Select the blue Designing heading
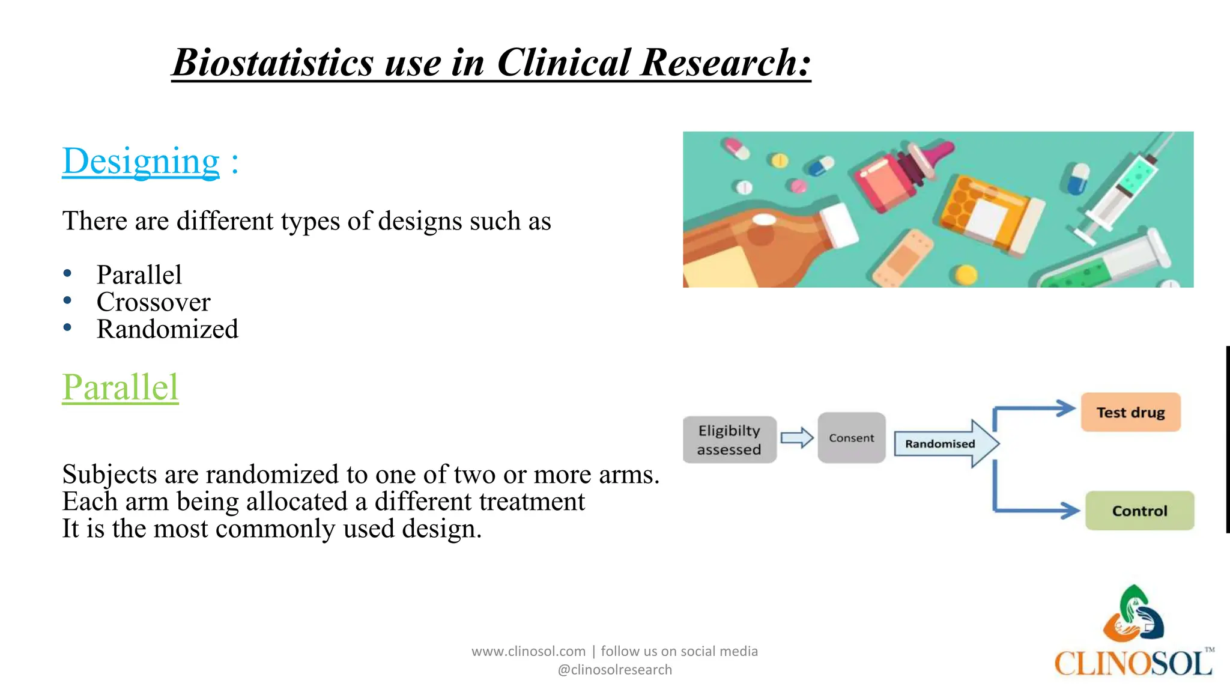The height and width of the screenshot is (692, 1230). pyautogui.click(x=141, y=161)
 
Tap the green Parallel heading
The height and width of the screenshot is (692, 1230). pyautogui.click(x=121, y=387)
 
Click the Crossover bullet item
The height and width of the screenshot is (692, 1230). pyautogui.click(x=154, y=302)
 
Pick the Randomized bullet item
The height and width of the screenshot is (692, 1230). pyautogui.click(x=168, y=329)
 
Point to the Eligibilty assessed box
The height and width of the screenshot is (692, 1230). pyautogui.click(x=729, y=440)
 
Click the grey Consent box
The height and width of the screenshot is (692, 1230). pyautogui.click(x=851, y=438)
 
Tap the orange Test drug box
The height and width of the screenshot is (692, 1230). pyautogui.click(x=1130, y=413)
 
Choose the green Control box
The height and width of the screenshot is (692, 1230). pyautogui.click(x=1139, y=511)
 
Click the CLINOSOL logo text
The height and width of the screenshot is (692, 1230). pyautogui.click(x=1133, y=664)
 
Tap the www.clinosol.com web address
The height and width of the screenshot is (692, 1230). pyautogui.click(x=528, y=651)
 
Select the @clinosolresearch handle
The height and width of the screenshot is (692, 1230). pyautogui.click(x=614, y=670)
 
